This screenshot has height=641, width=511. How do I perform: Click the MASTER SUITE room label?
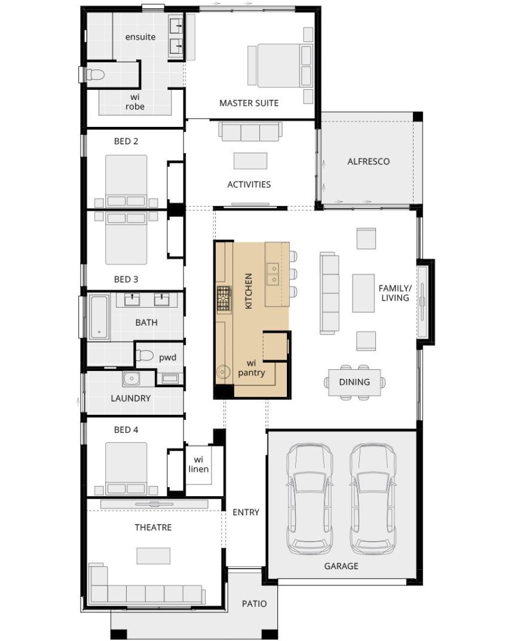click(249, 103)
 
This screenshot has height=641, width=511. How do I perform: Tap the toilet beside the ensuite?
click(95, 75)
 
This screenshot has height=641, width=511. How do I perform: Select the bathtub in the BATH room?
click(99, 317)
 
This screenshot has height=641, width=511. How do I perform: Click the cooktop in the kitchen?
click(224, 299)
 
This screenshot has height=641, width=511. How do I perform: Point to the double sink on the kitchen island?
click(273, 274)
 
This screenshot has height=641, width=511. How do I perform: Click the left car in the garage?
click(309, 499)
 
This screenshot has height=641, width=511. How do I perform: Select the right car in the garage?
click(372, 499)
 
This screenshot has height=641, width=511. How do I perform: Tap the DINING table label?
click(354, 382)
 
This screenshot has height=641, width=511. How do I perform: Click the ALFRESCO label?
click(369, 162)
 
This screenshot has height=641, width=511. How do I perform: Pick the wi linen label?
click(198, 464)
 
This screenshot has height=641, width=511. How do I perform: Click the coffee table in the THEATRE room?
click(154, 556)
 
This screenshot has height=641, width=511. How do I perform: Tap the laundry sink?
click(131, 378)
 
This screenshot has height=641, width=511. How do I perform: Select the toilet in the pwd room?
click(144, 356)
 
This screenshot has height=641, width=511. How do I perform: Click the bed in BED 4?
click(126, 469)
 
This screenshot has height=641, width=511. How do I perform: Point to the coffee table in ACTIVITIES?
click(250, 160)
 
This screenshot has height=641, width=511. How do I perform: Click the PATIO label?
click(254, 604)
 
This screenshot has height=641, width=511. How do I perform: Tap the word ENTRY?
click(246, 512)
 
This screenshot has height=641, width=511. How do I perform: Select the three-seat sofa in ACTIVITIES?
click(250, 131)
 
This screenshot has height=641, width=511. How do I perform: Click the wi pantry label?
click(252, 368)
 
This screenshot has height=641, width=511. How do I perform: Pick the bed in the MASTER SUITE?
click(280, 65)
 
